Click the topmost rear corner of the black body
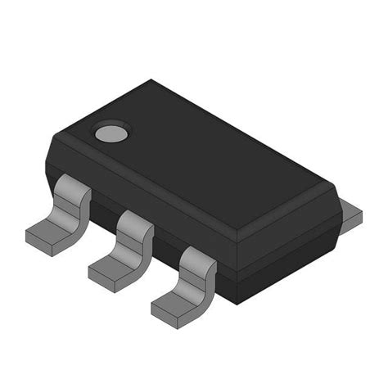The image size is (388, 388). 151,80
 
